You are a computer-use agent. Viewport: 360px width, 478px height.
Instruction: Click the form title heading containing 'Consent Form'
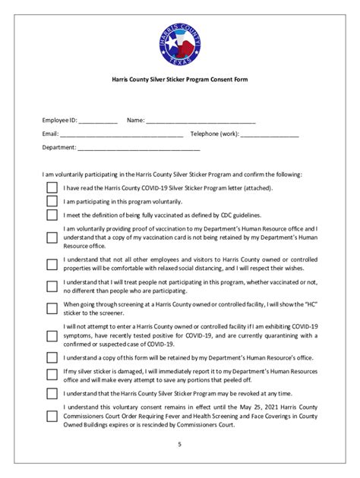tap(180, 79)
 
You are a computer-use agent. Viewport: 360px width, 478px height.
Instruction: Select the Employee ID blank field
tap(98, 121)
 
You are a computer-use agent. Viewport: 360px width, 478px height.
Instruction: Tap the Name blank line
tap(201, 121)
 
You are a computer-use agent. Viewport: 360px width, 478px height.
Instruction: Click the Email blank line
tap(122, 134)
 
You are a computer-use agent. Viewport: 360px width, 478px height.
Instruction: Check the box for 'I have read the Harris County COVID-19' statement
tap(52, 187)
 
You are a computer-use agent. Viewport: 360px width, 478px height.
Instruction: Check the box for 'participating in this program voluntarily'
tap(52, 202)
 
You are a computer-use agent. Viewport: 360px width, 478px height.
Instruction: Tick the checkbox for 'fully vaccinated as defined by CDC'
tap(52, 216)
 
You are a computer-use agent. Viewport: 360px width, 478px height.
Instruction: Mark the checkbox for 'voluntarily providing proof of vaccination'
tap(52, 237)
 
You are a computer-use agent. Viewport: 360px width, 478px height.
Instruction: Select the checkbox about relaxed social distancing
tap(52, 263)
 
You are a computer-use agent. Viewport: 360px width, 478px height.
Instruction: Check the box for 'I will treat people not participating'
tap(52, 286)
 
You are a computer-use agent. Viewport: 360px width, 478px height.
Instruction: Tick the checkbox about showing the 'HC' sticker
tap(52, 309)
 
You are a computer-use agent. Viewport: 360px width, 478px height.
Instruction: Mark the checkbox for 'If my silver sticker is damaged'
tap(52, 374)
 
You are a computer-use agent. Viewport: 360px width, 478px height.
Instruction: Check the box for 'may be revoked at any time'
tap(52, 394)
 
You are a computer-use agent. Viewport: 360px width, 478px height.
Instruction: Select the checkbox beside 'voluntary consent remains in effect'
tap(52, 416)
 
